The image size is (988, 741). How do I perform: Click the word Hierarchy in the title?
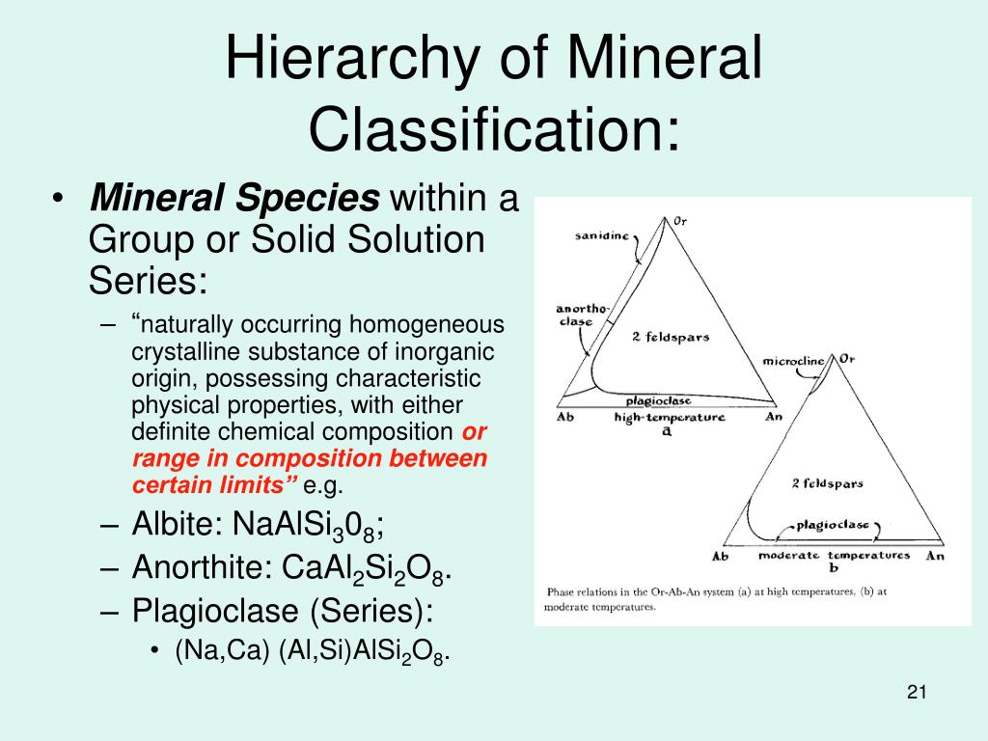(356, 60)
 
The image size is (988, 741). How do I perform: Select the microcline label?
(793, 362)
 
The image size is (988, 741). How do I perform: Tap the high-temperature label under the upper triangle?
(669, 418)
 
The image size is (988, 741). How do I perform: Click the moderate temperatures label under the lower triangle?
(833, 556)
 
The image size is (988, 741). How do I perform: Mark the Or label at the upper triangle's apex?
(679, 220)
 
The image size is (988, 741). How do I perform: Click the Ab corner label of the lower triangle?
(720, 556)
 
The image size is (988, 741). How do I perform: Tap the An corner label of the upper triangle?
(773, 418)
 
